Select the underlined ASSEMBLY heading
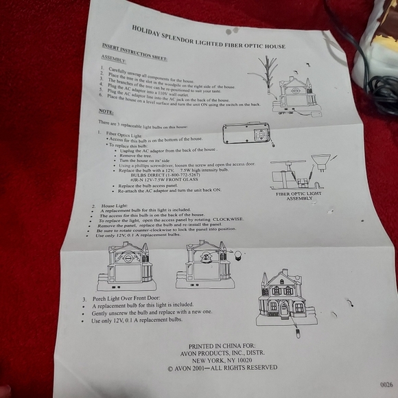click(113, 60)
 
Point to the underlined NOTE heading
click(106, 110)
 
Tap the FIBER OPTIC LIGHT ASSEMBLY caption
click(298, 197)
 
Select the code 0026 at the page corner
click(386, 384)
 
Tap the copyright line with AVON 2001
click(222, 368)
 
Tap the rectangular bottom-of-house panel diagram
click(248, 133)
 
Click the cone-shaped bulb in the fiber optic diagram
click(318, 165)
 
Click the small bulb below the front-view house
click(298, 334)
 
